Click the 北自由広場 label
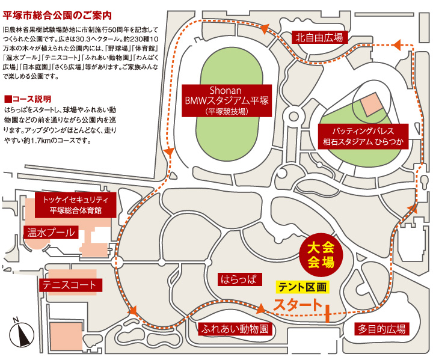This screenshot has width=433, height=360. [x=321, y=37]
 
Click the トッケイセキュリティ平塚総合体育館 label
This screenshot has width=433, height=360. [x=75, y=204]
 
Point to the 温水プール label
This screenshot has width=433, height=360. [x=51, y=232]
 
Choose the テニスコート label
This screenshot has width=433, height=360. [x=69, y=284]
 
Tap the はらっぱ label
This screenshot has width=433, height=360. [x=239, y=279]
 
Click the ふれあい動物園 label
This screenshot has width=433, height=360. [x=235, y=329]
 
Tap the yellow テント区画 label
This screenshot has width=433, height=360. [x=304, y=287]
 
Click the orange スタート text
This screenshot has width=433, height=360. [x=297, y=305]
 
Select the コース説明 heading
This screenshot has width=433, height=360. [x=30, y=98]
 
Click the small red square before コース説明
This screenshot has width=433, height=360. [x=7, y=98]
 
